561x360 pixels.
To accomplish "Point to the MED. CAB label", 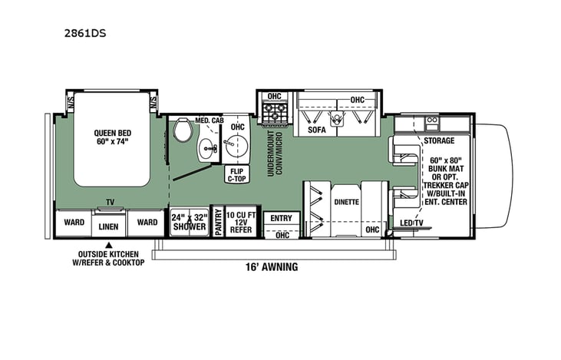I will click(208, 121).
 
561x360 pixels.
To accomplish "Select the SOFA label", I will click(317, 130).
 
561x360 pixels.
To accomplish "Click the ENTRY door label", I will click(281, 219).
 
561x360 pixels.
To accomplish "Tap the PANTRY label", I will click(218, 223).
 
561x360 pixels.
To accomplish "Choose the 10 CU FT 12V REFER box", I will click(243, 223).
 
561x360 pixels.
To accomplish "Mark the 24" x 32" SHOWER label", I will click(188, 222).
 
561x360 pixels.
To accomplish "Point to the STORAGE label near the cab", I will click(438, 141).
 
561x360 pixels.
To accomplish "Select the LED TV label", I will click(412, 223).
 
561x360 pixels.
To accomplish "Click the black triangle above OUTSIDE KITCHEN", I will click(108, 244).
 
